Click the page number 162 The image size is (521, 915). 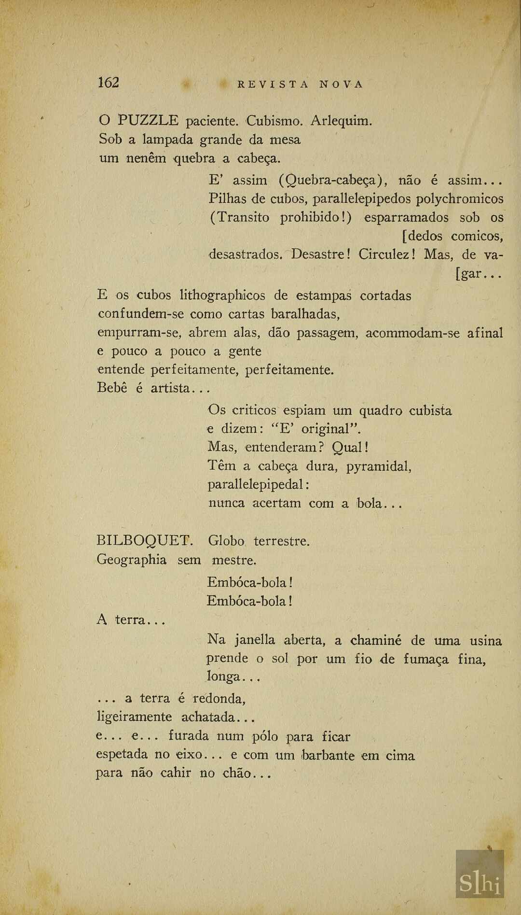pos(108,83)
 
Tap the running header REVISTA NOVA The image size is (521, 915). pos(300,84)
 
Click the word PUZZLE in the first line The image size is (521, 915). pos(149,120)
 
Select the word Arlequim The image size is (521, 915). pos(341,120)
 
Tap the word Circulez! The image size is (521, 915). pos(387,254)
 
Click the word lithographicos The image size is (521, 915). pos(222,295)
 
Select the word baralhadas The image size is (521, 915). pos(306,314)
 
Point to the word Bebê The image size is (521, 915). pos(112,388)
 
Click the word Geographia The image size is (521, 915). pos(132,560)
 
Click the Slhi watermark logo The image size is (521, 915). pos(480,884)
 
